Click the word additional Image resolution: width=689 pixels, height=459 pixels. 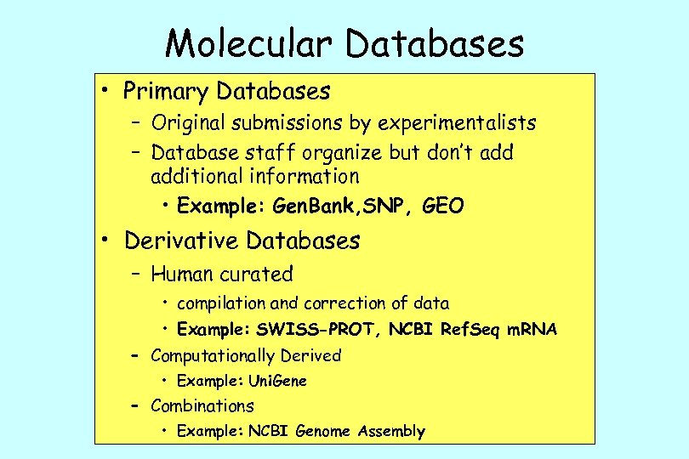[x=196, y=177]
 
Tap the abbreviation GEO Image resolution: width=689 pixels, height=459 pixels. [x=442, y=207]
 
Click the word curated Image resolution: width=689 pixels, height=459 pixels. [x=256, y=275]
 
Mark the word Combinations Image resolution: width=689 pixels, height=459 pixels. [x=202, y=406]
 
